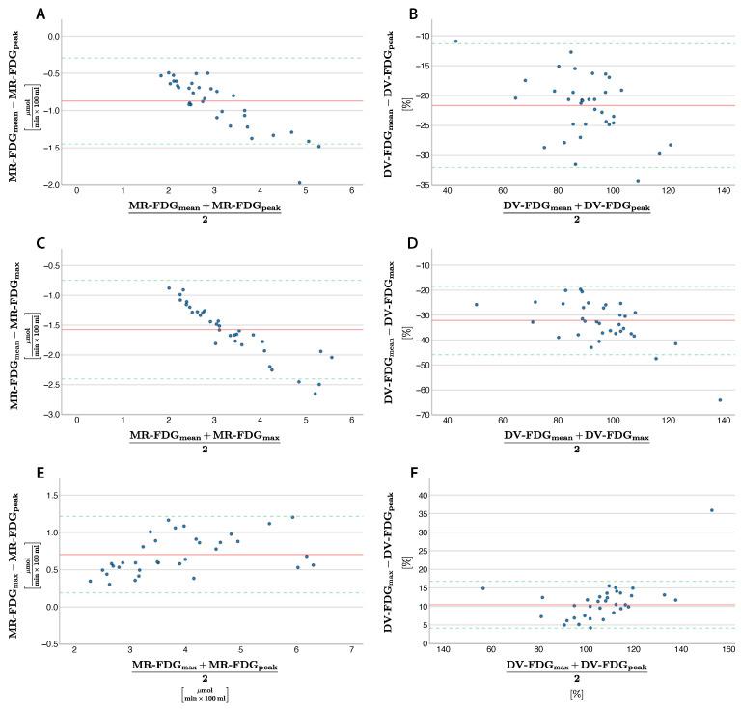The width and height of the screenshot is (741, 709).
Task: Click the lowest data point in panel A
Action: (300, 182)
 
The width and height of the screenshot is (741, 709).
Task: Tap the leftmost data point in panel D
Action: (476, 305)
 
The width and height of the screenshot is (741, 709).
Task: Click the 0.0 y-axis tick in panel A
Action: (54, 36)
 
